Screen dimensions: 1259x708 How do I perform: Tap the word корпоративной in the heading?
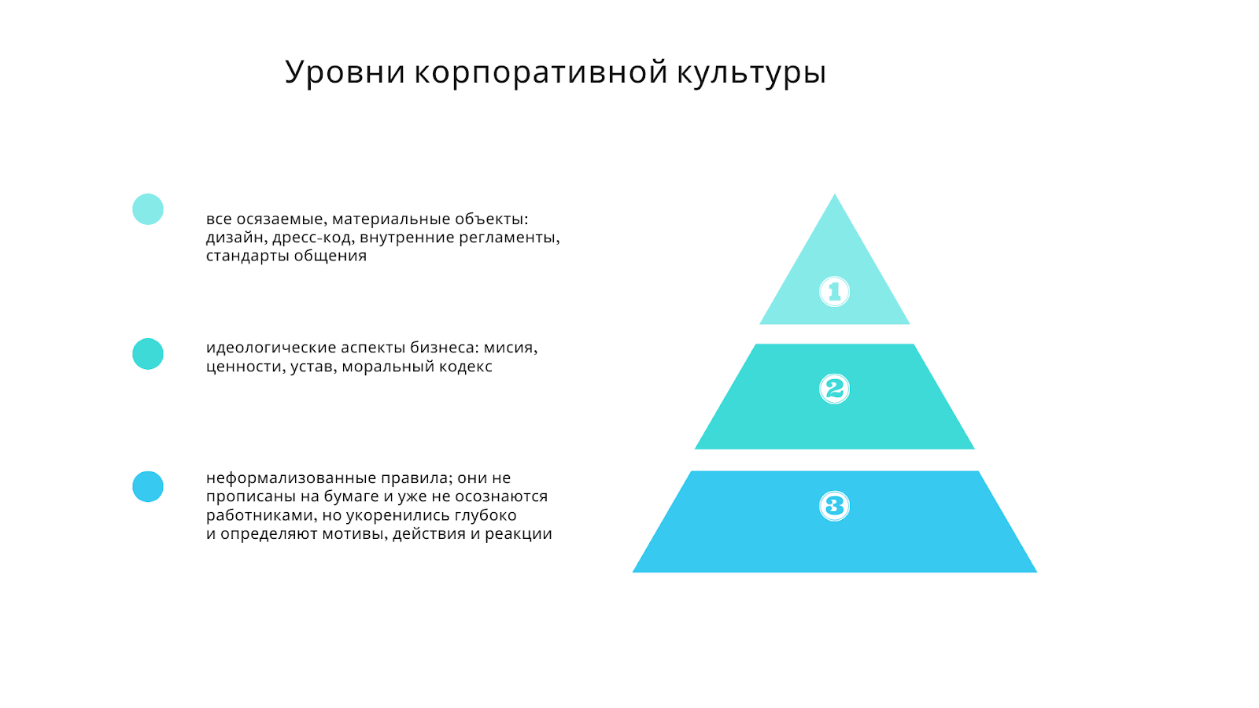541,72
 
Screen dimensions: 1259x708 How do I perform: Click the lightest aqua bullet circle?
148,209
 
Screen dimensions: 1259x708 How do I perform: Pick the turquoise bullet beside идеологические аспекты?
148,354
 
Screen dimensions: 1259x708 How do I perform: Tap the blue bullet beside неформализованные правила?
148,487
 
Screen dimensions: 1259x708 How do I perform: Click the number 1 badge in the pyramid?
834,292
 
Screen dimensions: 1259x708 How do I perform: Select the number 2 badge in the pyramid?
834,389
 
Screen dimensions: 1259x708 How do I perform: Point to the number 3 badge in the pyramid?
834,507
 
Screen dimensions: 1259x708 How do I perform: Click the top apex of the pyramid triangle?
835,194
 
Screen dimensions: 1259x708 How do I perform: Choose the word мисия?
511,348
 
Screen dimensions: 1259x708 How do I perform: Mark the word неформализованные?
291,478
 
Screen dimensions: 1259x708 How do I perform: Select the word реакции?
519,534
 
